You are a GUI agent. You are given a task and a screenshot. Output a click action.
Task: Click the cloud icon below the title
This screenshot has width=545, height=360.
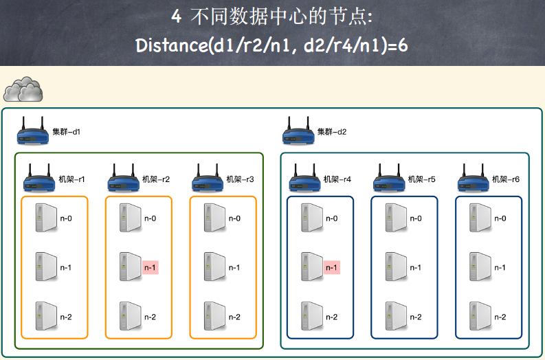pos(23,89)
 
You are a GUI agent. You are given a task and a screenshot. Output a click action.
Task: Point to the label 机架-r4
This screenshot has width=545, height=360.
pos(337,179)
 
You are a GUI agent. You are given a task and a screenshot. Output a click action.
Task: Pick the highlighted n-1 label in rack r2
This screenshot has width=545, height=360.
pos(150,267)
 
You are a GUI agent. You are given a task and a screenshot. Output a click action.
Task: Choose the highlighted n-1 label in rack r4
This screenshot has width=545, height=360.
pos(332,267)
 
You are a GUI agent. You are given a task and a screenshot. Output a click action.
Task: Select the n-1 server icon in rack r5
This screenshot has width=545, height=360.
pos(395,267)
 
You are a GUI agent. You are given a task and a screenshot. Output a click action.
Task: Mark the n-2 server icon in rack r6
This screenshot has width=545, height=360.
pos(479,316)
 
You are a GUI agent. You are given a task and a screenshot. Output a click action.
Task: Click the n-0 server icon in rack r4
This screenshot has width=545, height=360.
pos(311,218)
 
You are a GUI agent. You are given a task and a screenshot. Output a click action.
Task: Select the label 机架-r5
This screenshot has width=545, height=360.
pos(422,179)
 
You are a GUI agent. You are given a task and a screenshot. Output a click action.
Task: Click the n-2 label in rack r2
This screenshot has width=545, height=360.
pos(150,317)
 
